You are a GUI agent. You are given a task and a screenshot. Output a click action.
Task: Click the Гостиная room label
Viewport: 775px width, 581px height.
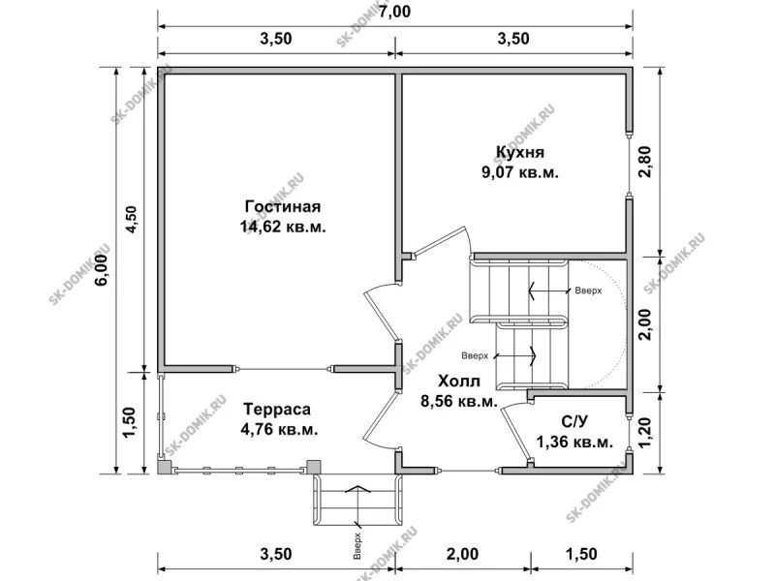coord(283,206)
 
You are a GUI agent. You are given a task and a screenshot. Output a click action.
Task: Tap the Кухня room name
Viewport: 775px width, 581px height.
coord(519,152)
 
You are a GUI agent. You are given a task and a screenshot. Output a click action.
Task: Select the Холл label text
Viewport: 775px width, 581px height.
coord(458,381)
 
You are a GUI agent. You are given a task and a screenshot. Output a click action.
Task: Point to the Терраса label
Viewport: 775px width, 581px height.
coord(277,409)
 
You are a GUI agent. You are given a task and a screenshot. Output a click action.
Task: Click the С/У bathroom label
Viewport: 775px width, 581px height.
coord(574,421)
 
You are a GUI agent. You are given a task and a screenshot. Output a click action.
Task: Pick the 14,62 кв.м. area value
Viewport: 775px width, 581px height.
coord(283,227)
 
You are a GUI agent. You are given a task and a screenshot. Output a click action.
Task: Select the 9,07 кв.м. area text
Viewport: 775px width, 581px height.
coord(519,172)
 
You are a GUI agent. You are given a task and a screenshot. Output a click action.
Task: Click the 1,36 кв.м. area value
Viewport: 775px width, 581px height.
coord(574,443)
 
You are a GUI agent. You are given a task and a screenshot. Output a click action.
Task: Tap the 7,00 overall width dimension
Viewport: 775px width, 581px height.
coord(394,11)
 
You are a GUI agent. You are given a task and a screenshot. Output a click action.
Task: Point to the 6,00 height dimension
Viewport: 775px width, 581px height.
coord(102,271)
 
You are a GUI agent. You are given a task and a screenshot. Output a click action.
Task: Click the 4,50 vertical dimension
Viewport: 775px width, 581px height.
coord(132,221)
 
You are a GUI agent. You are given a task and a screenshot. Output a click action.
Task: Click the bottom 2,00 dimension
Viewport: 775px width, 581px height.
coord(463,554)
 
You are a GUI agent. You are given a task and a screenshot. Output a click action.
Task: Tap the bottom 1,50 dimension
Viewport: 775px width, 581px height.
coord(580,554)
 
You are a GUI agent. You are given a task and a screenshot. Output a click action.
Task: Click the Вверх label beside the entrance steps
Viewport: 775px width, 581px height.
coord(357,545)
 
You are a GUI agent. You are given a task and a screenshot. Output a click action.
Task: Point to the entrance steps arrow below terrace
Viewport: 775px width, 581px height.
coord(357,505)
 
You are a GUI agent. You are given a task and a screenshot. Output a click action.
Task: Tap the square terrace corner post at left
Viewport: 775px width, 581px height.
coord(164,468)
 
